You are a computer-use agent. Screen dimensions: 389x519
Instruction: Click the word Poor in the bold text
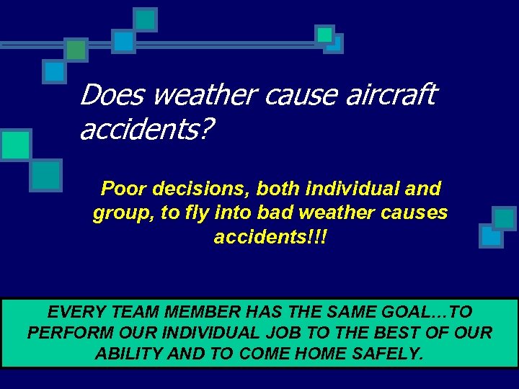123,189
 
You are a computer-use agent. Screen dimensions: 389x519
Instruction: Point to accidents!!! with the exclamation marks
270,237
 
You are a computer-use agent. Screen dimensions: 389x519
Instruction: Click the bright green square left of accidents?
15,144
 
